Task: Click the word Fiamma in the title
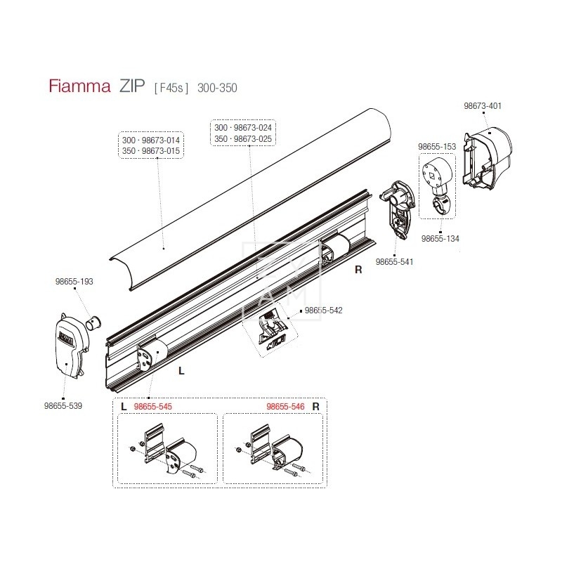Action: pos(79,87)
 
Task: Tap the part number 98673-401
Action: pos(483,106)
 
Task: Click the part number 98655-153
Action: pos(437,146)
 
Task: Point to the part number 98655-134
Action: pos(440,239)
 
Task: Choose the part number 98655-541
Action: pos(395,262)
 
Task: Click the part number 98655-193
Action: pos(74,281)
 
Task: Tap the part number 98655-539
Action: pos(63,405)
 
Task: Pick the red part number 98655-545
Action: pos(153,406)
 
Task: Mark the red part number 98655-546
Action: pos(285,406)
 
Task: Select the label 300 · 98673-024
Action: pos(243,128)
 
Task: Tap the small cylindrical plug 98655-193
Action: pos(93,324)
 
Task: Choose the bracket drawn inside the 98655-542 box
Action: pos(272,329)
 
